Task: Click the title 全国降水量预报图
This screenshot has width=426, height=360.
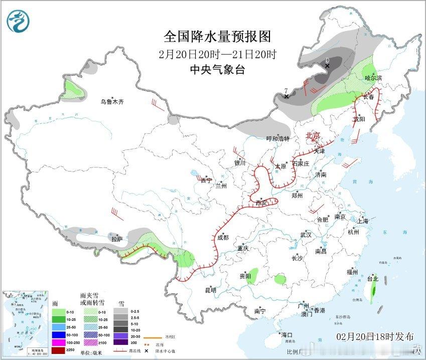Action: (x=217, y=37)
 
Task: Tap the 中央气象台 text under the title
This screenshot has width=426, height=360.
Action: (x=217, y=70)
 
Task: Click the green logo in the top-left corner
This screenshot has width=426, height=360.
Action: (x=18, y=21)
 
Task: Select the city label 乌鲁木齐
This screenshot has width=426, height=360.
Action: (x=111, y=102)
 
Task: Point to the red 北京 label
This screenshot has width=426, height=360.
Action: (x=313, y=135)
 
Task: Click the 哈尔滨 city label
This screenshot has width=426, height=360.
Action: (x=373, y=78)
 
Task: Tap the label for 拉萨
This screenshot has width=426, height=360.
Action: (x=116, y=240)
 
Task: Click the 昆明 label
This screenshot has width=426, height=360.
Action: (x=210, y=290)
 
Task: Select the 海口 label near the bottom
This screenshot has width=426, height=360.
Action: (x=287, y=335)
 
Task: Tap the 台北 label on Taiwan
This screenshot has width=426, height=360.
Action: (x=373, y=279)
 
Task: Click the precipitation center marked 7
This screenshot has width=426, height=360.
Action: (x=286, y=96)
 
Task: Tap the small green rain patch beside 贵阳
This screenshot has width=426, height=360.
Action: (x=252, y=274)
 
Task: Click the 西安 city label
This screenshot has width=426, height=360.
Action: (x=261, y=203)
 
